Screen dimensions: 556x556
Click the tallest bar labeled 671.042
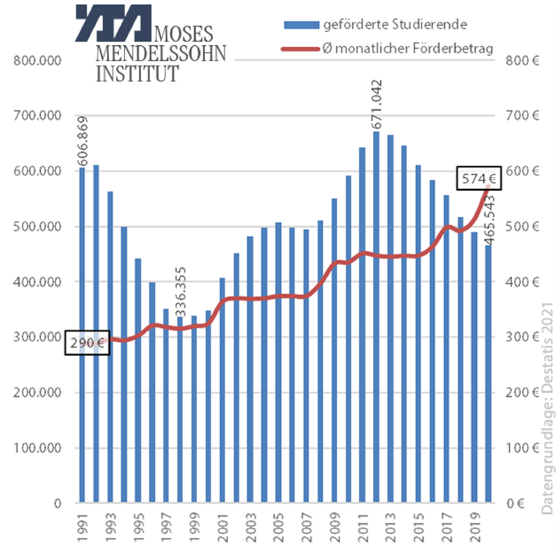click(376, 317)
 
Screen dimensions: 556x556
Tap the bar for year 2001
click(222, 389)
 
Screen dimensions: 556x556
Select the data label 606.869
click(82, 141)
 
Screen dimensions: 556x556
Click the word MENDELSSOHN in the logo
click(161, 54)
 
